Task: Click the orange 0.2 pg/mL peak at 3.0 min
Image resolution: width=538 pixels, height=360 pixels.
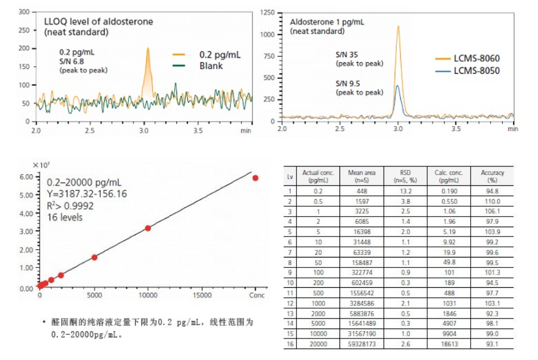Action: pyautogui.click(x=147, y=52)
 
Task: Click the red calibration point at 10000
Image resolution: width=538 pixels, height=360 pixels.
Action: pyautogui.click(x=148, y=228)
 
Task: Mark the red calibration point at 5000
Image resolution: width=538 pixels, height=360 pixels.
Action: pyautogui.click(x=94, y=257)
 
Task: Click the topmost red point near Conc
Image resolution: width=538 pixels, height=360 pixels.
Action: pyautogui.click(x=255, y=178)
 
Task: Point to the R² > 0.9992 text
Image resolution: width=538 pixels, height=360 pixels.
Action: pyautogui.click(x=70, y=206)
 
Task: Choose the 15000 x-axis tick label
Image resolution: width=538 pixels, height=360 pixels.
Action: pyautogui.click(x=202, y=295)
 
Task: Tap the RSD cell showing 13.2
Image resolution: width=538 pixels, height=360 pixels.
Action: pyautogui.click(x=402, y=191)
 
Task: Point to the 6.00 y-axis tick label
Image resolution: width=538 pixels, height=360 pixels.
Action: pyautogui.click(x=25, y=177)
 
